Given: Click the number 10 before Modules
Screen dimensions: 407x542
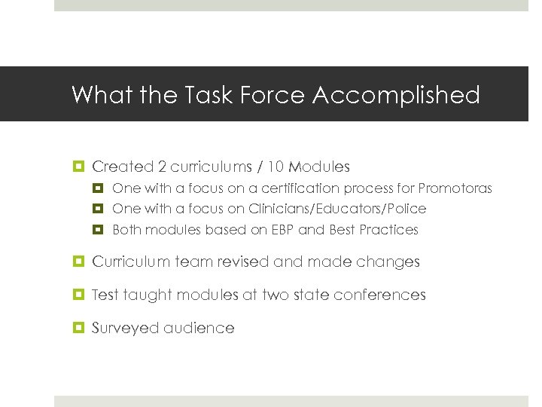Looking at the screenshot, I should click(x=277, y=167).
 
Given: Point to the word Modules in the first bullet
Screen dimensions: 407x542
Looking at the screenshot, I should click(x=320, y=167).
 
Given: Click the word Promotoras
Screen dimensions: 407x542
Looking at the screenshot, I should click(x=455, y=188).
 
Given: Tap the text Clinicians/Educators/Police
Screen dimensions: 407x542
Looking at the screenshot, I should click(x=337, y=209).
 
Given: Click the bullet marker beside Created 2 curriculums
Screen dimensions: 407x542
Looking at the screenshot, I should click(x=78, y=167).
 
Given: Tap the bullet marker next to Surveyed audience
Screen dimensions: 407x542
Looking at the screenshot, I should click(x=78, y=328).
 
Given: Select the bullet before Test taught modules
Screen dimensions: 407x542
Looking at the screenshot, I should click(x=78, y=295).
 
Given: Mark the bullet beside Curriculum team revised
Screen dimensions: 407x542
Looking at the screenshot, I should click(x=78, y=262).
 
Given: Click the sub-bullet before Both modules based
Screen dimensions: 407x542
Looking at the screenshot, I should click(x=99, y=230).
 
